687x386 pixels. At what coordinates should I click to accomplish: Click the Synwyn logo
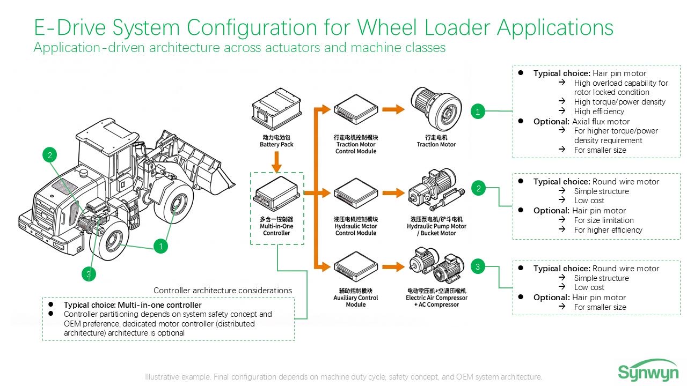648,371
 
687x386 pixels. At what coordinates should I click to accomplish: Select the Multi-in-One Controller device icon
276,196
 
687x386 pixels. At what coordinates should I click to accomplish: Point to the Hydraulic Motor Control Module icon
355,196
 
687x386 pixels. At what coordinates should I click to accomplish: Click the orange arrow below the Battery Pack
277,162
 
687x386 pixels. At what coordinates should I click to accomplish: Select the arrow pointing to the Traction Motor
393,110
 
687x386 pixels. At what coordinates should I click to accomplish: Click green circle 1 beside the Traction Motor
478,112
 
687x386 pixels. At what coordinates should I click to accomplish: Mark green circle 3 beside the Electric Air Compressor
478,266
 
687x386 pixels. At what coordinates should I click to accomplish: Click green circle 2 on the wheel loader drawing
49,155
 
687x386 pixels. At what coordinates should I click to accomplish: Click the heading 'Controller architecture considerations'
223,291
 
